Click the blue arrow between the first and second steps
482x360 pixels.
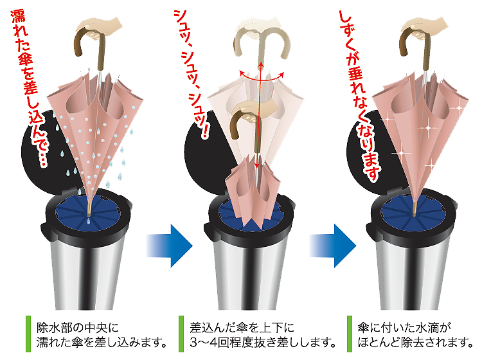[x=169, y=246]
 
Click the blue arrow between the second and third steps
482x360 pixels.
[x=333, y=246]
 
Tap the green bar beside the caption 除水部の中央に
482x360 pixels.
[x=28, y=334]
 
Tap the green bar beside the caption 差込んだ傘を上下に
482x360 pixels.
[x=181, y=334]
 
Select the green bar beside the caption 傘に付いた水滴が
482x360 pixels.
[x=350, y=334]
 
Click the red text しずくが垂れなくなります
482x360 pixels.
[x=359, y=95]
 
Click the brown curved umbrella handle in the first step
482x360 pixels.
[x=89, y=46]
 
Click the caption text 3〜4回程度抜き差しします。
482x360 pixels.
[x=262, y=342]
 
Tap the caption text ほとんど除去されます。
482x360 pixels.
[x=415, y=342]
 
